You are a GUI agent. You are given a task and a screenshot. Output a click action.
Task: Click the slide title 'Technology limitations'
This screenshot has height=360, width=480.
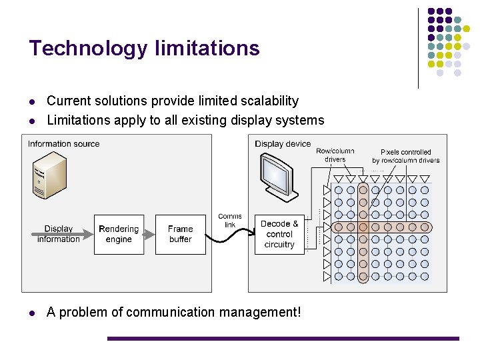click(x=144, y=49)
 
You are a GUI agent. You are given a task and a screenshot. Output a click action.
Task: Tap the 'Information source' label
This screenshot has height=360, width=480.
click(x=63, y=144)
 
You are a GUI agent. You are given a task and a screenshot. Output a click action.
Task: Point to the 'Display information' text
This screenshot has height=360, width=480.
click(x=59, y=234)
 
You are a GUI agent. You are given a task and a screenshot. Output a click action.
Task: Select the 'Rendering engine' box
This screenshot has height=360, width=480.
click(x=119, y=234)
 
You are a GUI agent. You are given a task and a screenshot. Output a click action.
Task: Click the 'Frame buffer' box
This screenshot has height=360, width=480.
click(x=180, y=234)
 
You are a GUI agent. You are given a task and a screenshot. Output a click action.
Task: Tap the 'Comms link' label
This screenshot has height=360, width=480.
click(x=230, y=221)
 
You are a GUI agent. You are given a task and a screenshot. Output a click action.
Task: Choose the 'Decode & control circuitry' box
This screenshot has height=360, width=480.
click(x=279, y=234)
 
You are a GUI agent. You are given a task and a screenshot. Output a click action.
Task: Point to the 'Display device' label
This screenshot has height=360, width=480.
click(x=283, y=144)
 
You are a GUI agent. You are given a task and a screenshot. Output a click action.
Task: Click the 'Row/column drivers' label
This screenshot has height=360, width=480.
click(x=335, y=155)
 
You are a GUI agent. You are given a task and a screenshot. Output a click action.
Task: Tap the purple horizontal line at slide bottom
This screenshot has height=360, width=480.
click(x=283, y=339)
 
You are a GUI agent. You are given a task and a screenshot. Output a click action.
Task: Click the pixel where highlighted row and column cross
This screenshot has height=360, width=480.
click(x=363, y=227)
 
